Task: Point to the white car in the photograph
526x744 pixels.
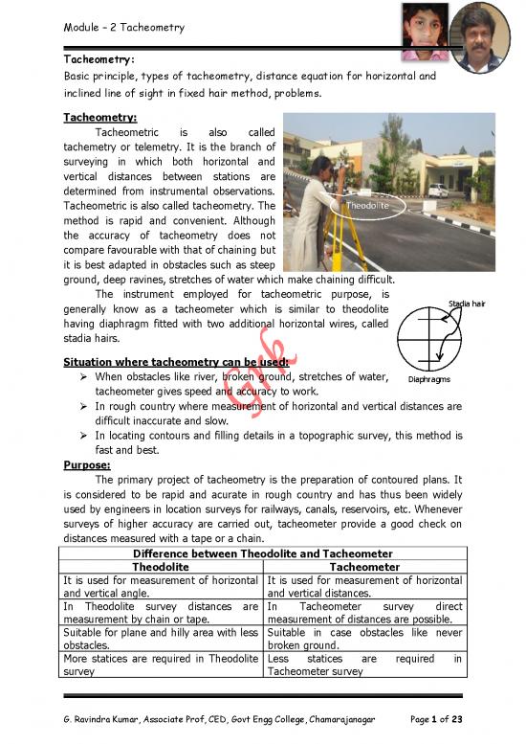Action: click(438, 191)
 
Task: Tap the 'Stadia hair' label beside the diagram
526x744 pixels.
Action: click(467, 304)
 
